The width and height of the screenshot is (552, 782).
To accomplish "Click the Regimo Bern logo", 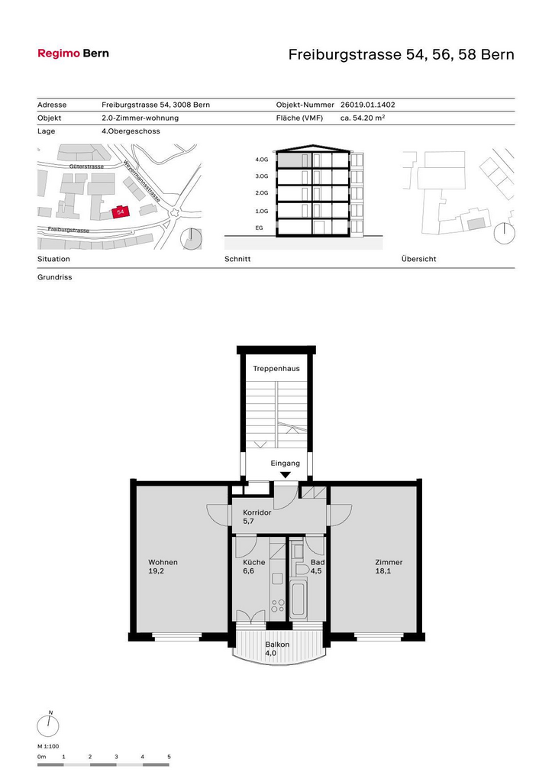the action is coord(73,53).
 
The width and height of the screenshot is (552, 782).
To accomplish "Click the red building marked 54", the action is coord(120,212).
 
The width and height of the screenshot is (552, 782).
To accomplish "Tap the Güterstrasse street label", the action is coord(86,166).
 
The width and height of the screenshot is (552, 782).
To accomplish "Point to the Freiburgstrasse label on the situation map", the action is coord(68,229).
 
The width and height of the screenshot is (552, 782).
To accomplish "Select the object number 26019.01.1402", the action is coord(367,105).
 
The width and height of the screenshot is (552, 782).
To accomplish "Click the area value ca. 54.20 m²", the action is coord(363,118).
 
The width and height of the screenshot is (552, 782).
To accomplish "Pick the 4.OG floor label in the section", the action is coord(262,160).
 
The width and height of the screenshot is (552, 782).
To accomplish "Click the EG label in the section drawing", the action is coord(260,228).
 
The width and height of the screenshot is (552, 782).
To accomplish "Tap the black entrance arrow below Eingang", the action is coord(286,475).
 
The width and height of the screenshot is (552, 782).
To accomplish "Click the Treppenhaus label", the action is coord(276,369).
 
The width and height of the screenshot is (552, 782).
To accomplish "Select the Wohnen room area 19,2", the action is coord(156,571).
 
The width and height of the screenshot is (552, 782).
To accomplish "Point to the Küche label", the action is coord(253,562).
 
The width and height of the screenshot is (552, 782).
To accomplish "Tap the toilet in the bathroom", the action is coord(301,569).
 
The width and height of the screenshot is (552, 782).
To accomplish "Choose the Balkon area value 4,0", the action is coord(270,653).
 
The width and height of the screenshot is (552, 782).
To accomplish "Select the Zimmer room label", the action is coord(389,562).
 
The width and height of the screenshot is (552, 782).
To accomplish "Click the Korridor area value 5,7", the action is coord(248,521).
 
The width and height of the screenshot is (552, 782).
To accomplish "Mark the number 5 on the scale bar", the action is coord(169,757).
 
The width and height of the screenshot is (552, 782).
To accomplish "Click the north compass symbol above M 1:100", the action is coord(48,725).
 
